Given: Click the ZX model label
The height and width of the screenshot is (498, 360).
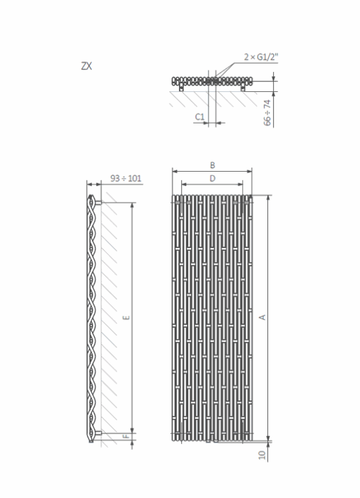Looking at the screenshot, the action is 86,66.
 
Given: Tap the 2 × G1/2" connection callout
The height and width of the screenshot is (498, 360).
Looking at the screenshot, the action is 261,57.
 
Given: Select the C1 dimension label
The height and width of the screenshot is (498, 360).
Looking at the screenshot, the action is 200,117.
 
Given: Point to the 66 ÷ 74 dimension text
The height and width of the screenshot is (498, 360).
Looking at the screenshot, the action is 267,112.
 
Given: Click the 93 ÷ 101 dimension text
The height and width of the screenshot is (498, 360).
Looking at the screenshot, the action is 126,178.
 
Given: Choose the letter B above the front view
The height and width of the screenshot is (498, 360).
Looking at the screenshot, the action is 213,165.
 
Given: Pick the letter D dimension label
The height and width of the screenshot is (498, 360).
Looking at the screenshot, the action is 213,178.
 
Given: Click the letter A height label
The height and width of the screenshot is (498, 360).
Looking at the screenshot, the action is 262,317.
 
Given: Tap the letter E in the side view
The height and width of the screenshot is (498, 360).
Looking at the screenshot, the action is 126,318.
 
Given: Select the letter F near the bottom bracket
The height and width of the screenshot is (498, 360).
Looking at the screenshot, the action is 126,436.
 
